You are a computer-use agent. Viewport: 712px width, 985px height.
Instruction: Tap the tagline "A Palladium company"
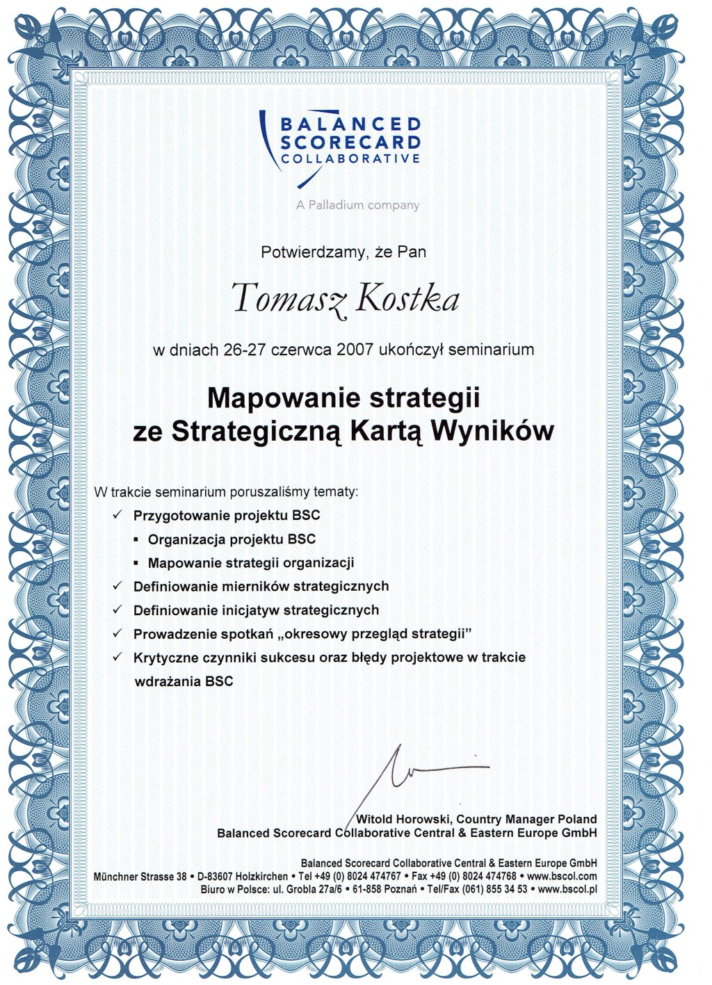[357, 205]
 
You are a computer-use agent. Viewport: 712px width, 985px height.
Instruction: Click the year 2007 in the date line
[355, 350]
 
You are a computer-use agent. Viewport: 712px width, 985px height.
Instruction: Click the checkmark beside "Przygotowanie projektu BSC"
[118, 515]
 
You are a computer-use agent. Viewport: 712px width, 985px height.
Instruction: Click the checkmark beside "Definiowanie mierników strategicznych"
[118, 586]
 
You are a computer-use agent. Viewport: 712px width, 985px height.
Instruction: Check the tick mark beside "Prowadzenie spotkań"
[118, 633]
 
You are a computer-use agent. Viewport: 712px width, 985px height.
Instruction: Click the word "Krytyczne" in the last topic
[165, 658]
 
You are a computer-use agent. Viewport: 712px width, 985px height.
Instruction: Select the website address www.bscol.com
[562, 877]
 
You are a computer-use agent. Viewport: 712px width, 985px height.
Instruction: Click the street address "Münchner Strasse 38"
[140, 877]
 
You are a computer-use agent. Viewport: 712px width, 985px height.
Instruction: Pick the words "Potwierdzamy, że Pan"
[343, 252]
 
